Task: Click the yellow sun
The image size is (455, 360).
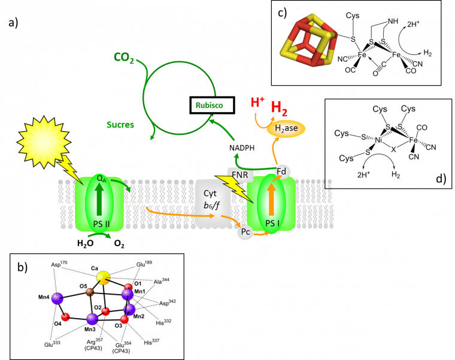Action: (x=44, y=141)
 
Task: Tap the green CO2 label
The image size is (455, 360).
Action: (x=123, y=58)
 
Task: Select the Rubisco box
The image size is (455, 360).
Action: (x=209, y=105)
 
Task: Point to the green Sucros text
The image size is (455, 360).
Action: (x=120, y=125)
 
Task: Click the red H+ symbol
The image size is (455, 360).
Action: (x=257, y=102)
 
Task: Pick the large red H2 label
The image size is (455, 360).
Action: (x=279, y=108)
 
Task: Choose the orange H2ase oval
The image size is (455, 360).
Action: (x=286, y=128)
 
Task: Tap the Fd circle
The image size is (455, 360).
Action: (x=282, y=172)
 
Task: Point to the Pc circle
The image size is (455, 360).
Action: (x=245, y=232)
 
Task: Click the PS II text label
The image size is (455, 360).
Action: (x=101, y=224)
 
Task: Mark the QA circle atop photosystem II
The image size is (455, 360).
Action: (x=101, y=179)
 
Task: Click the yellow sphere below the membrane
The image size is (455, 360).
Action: (x=104, y=278)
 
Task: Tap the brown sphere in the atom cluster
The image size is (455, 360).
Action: (x=90, y=292)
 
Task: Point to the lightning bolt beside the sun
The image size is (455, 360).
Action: (x=71, y=168)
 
